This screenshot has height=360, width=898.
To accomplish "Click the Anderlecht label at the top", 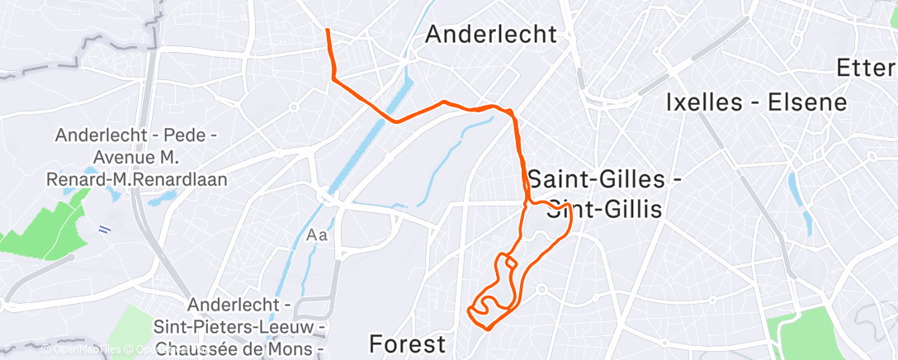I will click(x=491, y=35).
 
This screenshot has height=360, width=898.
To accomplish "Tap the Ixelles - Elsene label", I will click(x=757, y=102).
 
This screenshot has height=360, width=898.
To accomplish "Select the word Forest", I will click(x=407, y=343).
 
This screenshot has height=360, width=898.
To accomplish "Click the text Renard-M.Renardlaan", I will click(x=141, y=178).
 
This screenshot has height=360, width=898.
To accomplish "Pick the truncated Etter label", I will click(x=866, y=68).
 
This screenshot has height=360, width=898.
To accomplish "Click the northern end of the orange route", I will click(x=328, y=31).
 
